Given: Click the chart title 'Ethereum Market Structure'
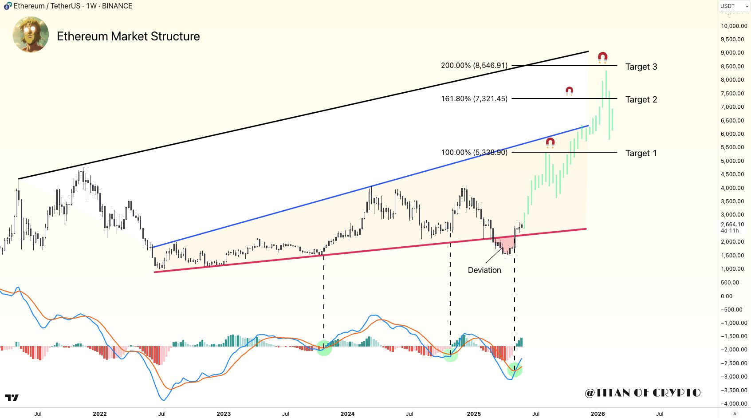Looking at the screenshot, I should tap(128, 36).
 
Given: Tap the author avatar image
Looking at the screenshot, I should tap(31, 35).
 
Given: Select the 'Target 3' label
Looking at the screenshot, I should tap(641, 67).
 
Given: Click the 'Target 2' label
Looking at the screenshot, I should tap(641, 99).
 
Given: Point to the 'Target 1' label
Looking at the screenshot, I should tap(641, 153).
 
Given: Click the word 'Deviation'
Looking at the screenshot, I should tap(484, 270).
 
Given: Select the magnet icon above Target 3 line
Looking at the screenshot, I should tap(602, 57).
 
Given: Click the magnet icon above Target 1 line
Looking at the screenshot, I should tap(550, 143).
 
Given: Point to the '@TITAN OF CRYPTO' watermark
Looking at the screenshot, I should tap(643, 393).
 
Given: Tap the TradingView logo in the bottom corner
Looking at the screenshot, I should tap(12, 398).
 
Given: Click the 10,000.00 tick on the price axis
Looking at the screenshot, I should tap(734, 26).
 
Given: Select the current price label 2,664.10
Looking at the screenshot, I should tap(732, 225).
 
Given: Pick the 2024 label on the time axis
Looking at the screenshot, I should tap(347, 414).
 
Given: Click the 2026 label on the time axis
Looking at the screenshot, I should tap(598, 414).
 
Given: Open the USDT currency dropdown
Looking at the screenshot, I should tap(734, 6).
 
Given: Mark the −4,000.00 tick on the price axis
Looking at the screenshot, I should tap(734, 403).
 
